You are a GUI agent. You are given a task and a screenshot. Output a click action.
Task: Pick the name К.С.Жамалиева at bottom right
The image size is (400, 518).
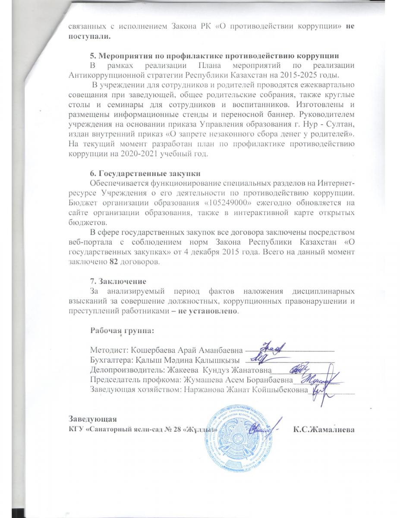pyautogui.click(x=324, y=430)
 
